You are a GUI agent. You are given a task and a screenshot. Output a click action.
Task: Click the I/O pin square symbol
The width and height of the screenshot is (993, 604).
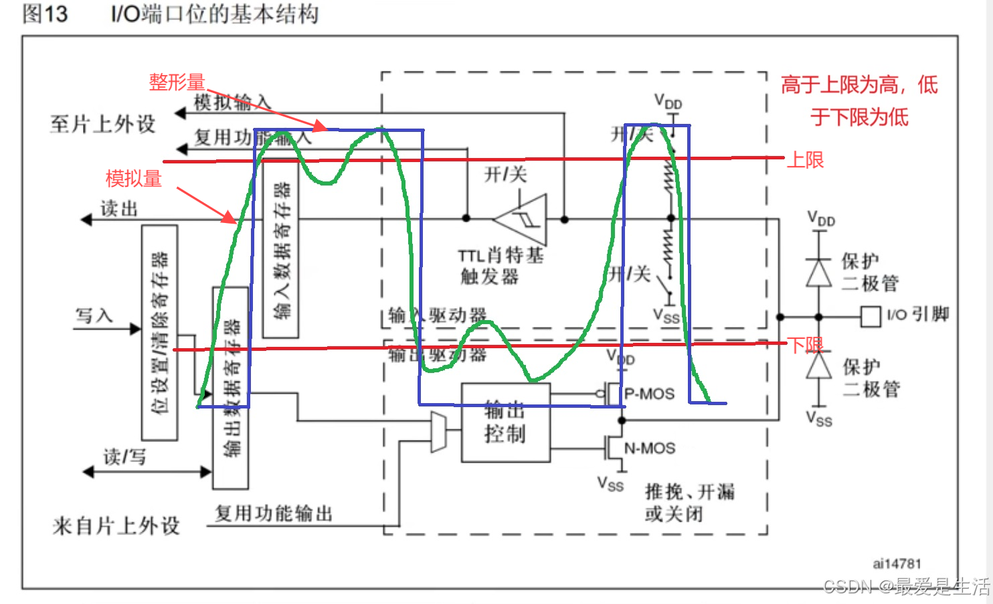click(870, 316)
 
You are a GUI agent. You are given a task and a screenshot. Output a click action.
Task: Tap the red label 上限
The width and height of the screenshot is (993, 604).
click(805, 160)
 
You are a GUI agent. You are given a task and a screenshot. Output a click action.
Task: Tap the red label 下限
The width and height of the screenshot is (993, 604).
click(805, 345)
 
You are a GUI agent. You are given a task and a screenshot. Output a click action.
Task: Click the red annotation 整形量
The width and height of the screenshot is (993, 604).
click(177, 82)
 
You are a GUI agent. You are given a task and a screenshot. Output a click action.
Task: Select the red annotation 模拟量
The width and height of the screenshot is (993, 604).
click(134, 179)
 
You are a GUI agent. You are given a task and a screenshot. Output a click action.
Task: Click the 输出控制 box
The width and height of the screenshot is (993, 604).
click(506, 423)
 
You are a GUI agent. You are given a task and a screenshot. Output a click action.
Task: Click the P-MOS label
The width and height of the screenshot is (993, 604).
click(649, 394)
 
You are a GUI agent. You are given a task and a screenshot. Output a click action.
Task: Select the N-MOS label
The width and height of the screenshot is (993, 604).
click(649, 448)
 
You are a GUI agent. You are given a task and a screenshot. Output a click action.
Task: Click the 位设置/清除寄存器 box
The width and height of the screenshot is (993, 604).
click(160, 333)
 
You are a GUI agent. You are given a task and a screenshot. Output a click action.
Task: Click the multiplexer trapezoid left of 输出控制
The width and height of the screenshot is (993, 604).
click(438, 432)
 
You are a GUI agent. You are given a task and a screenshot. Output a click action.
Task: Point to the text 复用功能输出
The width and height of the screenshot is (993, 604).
click(274, 514)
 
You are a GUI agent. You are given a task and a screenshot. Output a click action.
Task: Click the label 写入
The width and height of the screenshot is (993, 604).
click(94, 315)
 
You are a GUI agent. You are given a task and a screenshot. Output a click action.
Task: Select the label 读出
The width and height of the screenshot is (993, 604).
click(119, 209)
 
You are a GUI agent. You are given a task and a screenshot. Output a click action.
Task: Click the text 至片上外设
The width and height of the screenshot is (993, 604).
click(102, 124)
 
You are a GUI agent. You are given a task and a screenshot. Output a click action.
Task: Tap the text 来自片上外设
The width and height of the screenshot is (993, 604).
click(116, 526)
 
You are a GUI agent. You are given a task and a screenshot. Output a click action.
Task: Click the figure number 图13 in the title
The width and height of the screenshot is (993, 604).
click(45, 13)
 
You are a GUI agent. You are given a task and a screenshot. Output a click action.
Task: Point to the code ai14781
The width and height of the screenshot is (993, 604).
click(897, 564)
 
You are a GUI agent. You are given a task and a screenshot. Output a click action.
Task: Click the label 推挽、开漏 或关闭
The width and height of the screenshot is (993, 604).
click(689, 502)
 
